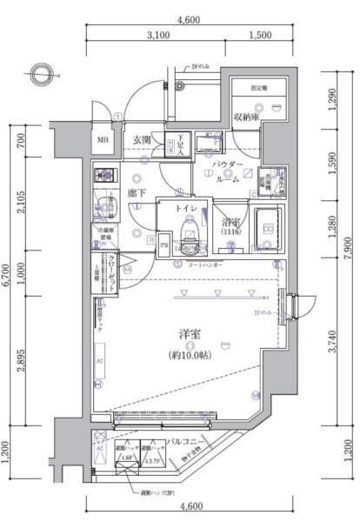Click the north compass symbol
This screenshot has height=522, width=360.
[40, 73]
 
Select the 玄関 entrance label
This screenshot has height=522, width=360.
[143, 139]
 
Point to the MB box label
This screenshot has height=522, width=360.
[102, 140]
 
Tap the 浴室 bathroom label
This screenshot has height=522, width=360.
[229, 222]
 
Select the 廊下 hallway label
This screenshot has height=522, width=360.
[136, 194]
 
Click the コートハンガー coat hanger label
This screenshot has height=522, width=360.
[203, 264]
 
